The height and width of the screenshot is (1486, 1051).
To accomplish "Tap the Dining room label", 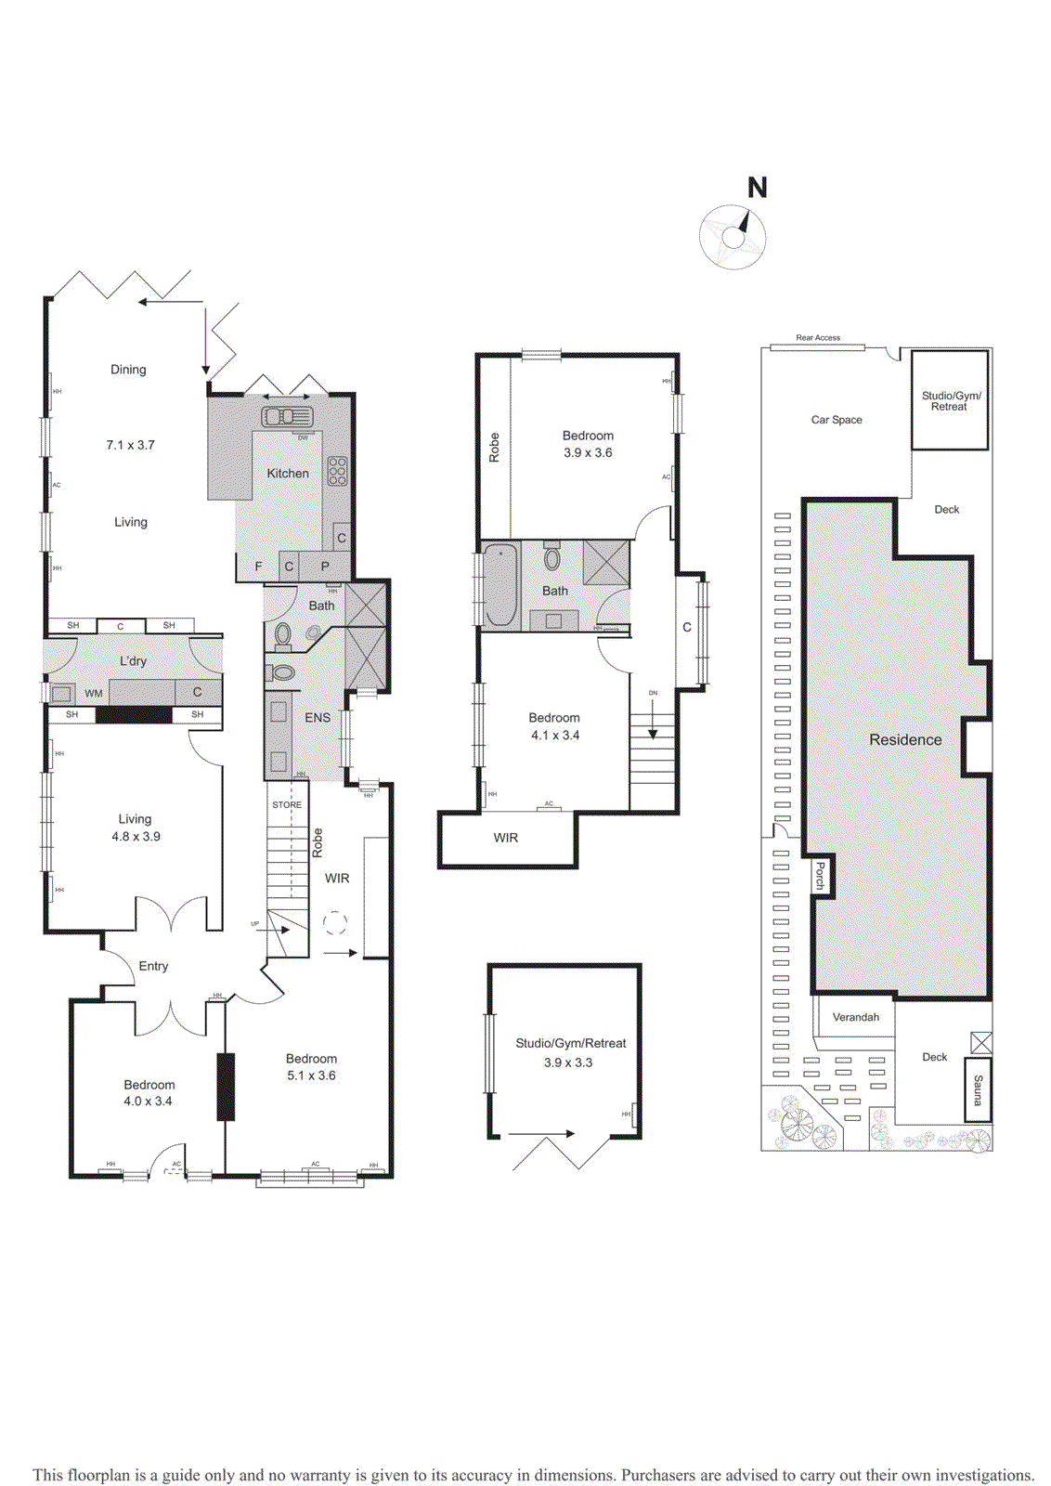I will (128, 370).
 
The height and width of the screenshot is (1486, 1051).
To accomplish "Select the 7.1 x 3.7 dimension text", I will (130, 445).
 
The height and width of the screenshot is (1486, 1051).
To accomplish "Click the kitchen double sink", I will (287, 416).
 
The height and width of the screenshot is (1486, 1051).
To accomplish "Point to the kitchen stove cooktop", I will (337, 471).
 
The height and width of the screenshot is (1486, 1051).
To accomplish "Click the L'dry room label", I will (133, 661).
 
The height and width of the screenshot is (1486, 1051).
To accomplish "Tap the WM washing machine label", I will (94, 694).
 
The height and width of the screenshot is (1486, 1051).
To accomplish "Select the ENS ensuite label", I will (318, 718).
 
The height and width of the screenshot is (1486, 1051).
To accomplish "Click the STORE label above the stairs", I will (287, 805).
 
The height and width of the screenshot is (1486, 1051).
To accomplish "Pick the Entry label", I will (153, 966).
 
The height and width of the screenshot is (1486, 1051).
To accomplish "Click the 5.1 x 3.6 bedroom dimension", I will (311, 1075).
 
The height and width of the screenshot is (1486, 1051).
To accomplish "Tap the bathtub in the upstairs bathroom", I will (500, 585).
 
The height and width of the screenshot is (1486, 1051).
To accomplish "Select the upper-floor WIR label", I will (506, 838).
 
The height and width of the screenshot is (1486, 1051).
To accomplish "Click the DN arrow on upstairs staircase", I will (653, 715).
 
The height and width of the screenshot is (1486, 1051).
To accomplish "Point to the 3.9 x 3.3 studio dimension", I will (568, 1062).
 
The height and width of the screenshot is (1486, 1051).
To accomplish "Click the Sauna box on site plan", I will (978, 1089).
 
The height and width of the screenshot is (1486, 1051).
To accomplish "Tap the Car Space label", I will (837, 420).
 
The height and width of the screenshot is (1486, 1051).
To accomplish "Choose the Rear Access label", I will (818, 338).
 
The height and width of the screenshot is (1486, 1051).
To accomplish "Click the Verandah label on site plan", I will (855, 1017).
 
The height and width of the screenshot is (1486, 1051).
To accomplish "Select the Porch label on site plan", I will (820, 876).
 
